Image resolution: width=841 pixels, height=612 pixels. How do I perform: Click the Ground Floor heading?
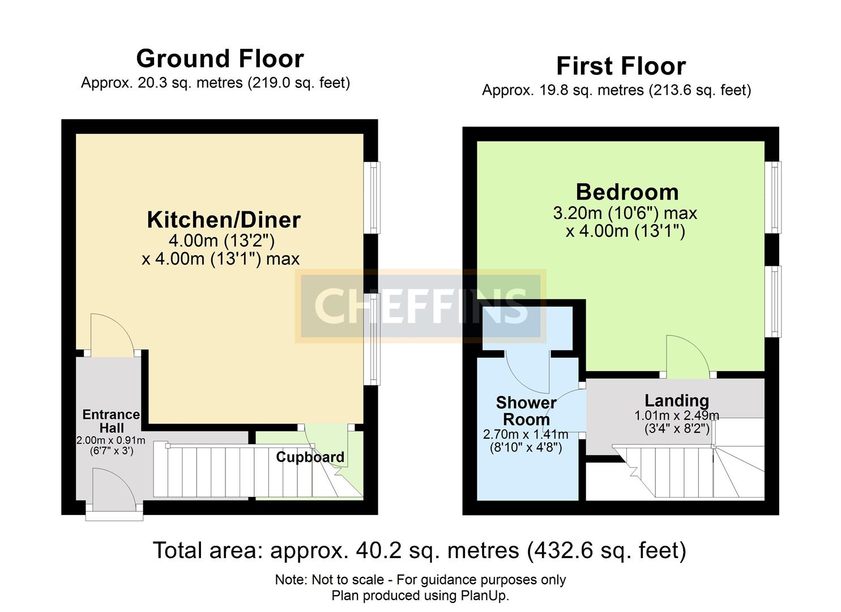(x=220, y=59)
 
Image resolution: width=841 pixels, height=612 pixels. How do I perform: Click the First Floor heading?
(x=621, y=66)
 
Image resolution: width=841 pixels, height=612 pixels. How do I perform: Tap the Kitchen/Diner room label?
(x=224, y=220)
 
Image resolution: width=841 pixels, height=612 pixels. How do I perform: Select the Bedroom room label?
(x=627, y=193)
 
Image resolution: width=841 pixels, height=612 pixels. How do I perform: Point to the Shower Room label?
(x=526, y=411)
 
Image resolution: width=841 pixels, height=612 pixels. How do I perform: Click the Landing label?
(x=676, y=401)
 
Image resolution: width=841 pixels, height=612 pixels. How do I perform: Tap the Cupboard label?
(x=310, y=457)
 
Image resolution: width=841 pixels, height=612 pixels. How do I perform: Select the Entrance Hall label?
(x=111, y=421)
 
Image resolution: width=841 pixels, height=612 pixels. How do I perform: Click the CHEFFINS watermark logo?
(x=420, y=306)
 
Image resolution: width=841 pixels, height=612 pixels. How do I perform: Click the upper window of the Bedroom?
(x=773, y=197)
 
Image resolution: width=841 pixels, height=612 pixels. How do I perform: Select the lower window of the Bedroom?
(x=773, y=301)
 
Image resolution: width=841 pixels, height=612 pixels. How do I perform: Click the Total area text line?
(x=420, y=550)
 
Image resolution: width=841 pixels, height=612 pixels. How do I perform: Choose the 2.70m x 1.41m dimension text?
(x=525, y=435)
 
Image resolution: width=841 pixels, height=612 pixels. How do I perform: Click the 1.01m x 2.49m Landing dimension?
(x=676, y=415)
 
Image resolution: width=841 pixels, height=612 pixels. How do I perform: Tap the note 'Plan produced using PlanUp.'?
(x=420, y=596)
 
